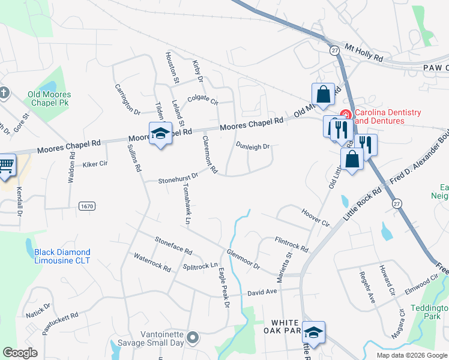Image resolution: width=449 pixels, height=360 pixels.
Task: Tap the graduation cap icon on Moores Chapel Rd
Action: (x=160, y=134)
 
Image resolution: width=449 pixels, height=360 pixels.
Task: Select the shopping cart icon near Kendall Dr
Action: (x=5, y=165)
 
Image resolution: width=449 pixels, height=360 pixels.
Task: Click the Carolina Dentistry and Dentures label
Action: (x=388, y=116)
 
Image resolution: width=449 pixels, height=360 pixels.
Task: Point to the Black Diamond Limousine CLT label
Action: (x=62, y=256)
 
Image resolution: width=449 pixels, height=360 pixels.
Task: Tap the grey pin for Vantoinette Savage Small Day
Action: (x=193, y=338)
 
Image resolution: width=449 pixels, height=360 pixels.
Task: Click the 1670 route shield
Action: (x=86, y=205)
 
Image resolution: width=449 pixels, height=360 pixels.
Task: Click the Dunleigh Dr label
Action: (x=253, y=146)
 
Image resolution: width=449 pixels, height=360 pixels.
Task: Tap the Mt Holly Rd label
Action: (x=363, y=52)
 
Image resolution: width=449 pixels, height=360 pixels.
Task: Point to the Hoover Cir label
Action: (x=316, y=217)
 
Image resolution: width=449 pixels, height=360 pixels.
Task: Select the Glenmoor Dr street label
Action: (x=243, y=259)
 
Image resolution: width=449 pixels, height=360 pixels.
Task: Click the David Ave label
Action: (x=262, y=293)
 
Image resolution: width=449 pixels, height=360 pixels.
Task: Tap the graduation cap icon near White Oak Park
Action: (x=313, y=332)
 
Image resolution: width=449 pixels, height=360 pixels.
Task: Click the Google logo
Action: (x=20, y=353)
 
